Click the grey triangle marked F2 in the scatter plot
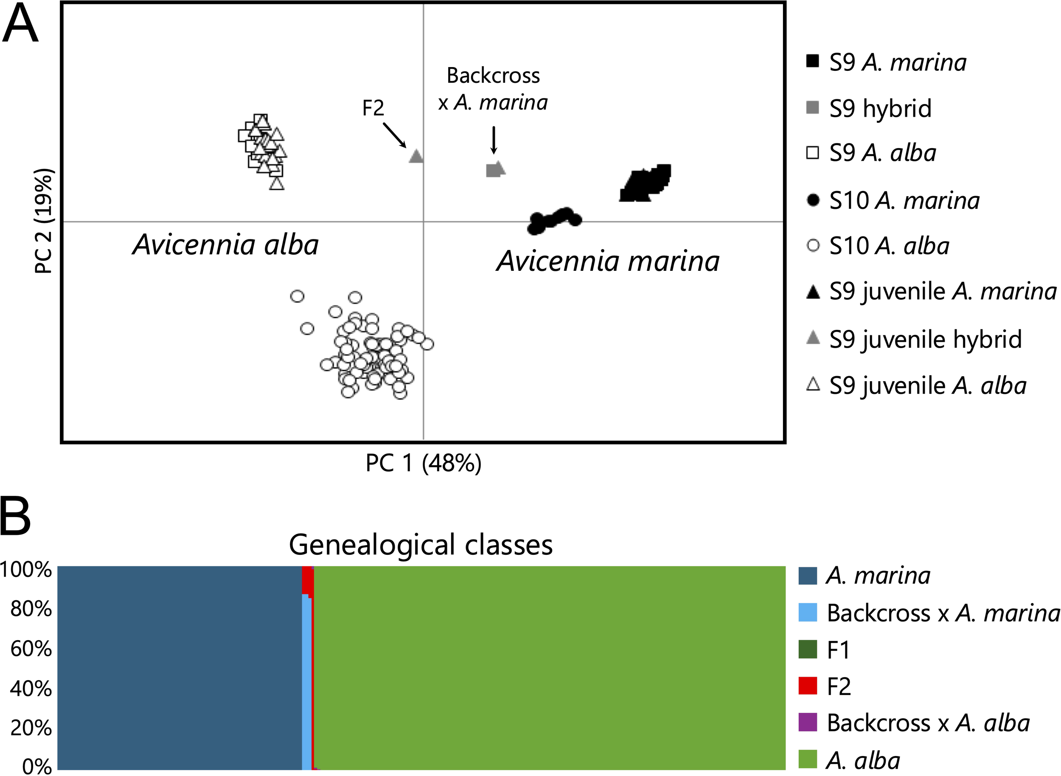(x=415, y=156)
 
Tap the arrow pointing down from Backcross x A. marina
(x=493, y=140)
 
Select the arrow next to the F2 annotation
(x=395, y=135)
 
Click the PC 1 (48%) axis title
(x=423, y=463)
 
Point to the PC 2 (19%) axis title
(x=44, y=221)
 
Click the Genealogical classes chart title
(x=420, y=545)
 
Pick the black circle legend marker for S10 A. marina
(x=813, y=200)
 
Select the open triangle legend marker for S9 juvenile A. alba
(x=813, y=385)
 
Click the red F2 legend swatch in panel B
(x=808, y=686)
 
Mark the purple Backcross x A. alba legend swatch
(x=808, y=723)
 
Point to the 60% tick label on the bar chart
(x=31, y=649)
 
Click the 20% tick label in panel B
(x=31, y=728)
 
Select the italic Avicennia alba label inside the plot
(x=225, y=245)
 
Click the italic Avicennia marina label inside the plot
(x=608, y=261)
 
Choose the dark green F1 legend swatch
(x=808, y=649)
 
